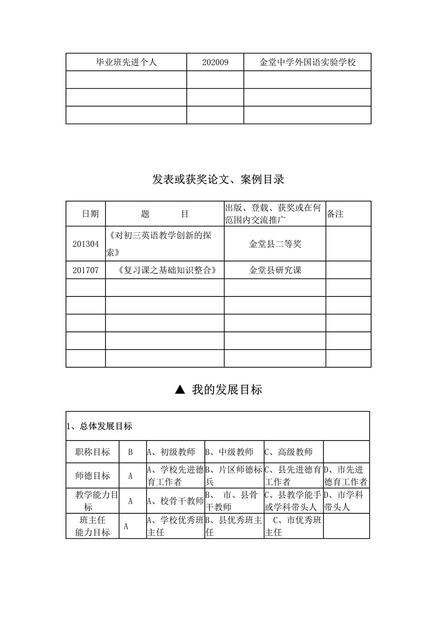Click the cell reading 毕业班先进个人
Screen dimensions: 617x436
pyautogui.click(x=126, y=62)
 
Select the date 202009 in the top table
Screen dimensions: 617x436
pyautogui.click(x=215, y=62)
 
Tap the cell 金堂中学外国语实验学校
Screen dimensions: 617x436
pyautogui.click(x=307, y=62)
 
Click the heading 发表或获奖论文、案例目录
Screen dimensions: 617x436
pyautogui.click(x=218, y=180)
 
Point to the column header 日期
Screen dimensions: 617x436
pyautogui.click(x=90, y=214)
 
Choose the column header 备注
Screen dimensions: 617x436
pyautogui.click(x=335, y=214)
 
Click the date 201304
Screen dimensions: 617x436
pyautogui.click(x=85, y=244)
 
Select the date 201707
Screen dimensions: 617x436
pyautogui.click(x=85, y=270)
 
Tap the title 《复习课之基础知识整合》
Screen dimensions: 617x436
pyautogui.click(x=164, y=270)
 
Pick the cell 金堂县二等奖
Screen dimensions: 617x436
pyautogui.click(x=275, y=244)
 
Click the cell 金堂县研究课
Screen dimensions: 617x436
pyautogui.click(x=275, y=270)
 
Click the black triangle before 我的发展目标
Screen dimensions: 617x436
pyautogui.click(x=180, y=390)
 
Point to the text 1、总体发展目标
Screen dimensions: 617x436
pyautogui.click(x=99, y=426)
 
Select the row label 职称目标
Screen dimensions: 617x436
pyautogui.click(x=92, y=452)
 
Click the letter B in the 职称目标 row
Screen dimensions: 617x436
pyautogui.click(x=130, y=452)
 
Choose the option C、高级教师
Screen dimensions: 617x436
pyautogui.click(x=289, y=452)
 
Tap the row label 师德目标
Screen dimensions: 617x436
pyautogui.click(x=92, y=476)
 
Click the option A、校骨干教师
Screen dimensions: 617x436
pyautogui.click(x=175, y=501)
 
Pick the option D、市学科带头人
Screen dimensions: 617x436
pyautogui.click(x=345, y=501)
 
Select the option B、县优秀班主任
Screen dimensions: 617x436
pyautogui.click(x=233, y=526)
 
